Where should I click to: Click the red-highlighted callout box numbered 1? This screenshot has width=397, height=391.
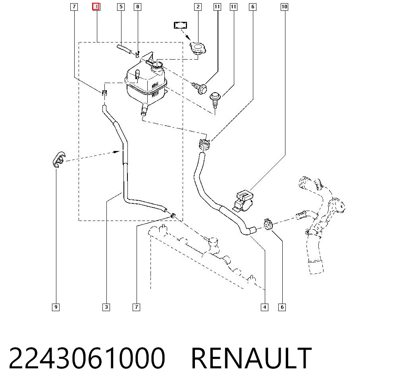[96, 7]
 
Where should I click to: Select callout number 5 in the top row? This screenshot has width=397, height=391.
[121, 7]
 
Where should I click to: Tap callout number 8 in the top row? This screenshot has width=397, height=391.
[137, 7]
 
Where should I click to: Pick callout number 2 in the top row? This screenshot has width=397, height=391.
[198, 7]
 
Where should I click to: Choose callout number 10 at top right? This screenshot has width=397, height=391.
[284, 7]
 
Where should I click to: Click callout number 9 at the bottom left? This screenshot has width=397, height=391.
[56, 307]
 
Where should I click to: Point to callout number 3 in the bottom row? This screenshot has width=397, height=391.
[106, 307]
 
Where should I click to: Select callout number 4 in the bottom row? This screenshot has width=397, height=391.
[264, 307]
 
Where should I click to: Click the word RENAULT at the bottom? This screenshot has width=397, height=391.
[251, 358]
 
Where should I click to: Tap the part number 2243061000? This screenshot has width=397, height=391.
[87, 358]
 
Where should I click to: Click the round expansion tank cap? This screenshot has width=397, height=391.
[198, 48]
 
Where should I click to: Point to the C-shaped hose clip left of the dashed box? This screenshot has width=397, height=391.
[58, 160]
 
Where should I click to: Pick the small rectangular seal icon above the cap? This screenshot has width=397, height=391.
[181, 25]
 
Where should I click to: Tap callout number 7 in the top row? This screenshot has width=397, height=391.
[74, 7]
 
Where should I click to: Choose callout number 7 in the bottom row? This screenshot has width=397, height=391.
[136, 307]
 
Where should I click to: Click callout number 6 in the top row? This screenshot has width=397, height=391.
[252, 7]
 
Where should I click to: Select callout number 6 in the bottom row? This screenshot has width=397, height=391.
[282, 307]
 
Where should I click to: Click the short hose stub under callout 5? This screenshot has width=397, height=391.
[124, 49]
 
